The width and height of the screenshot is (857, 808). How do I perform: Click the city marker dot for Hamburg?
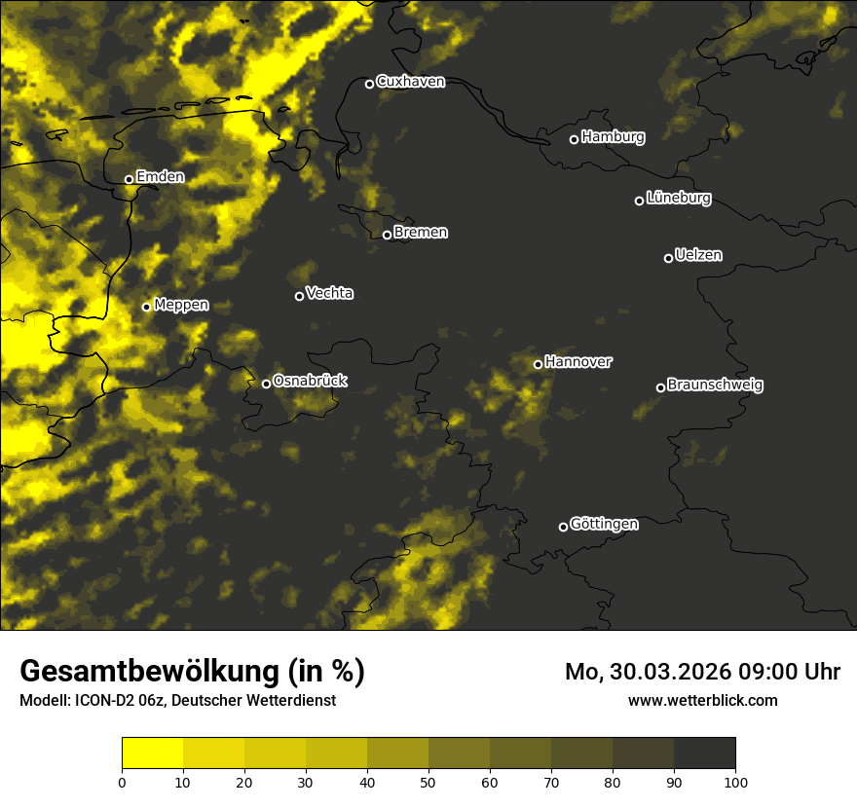click(574, 139)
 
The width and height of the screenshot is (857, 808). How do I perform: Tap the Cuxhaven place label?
click(410, 82)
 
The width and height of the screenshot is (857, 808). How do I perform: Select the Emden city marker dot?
click(129, 179)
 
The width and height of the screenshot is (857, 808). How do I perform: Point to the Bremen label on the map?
click(421, 233)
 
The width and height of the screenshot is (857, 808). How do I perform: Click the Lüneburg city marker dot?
click(639, 201)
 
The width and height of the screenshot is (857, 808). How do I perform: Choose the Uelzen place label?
click(698, 255)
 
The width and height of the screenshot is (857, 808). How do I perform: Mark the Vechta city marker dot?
click(299, 296)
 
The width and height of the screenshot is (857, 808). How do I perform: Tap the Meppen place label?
click(181, 305)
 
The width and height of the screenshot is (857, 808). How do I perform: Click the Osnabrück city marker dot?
click(266, 384)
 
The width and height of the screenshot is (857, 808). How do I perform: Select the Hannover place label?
click(578, 362)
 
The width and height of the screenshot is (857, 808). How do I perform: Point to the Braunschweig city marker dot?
click(660, 387)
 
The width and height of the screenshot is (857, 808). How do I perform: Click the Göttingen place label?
click(604, 525)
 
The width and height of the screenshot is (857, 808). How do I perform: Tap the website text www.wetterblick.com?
click(703, 700)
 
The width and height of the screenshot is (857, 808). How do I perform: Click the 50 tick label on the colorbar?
click(428, 782)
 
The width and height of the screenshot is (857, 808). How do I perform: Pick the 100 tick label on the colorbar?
click(735, 782)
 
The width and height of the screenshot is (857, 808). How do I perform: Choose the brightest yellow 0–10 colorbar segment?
click(152, 753)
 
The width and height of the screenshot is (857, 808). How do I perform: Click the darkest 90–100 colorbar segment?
click(704, 753)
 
